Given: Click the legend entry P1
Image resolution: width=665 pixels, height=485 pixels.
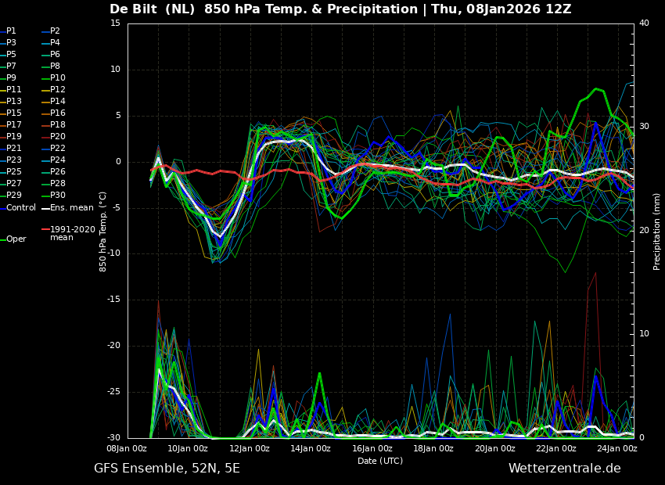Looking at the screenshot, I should [x=11, y=31].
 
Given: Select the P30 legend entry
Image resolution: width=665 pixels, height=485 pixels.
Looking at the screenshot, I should [x=57, y=196].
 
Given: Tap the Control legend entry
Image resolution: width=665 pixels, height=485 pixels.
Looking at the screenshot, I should [x=21, y=208].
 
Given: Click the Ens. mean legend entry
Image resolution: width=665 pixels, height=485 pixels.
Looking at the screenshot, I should [x=71, y=208].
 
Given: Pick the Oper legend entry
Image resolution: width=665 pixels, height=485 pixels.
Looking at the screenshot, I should [x=16, y=239].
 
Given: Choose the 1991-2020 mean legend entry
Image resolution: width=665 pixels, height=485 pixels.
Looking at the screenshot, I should [x=72, y=233].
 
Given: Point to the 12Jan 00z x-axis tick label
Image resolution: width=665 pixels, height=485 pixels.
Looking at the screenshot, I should [x=250, y=449].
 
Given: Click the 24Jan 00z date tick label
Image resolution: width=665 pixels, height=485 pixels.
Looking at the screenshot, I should [x=617, y=449].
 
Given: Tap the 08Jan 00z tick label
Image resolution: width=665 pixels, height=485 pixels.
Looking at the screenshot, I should [x=127, y=449].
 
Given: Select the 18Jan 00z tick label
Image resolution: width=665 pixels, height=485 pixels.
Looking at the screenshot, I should [x=433, y=449].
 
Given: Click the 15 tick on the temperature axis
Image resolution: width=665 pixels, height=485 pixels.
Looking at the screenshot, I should [x=115, y=23].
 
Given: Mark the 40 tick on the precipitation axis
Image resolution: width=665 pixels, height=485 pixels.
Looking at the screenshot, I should [x=644, y=23].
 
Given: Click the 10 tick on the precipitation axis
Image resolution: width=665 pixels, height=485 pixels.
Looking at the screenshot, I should [x=644, y=334].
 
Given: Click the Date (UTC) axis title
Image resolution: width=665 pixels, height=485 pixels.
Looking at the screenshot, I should [x=380, y=462].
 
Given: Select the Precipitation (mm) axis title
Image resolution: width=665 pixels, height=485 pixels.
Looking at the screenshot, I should [x=657, y=231].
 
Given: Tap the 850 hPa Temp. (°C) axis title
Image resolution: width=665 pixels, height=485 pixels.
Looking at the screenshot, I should [x=103, y=231].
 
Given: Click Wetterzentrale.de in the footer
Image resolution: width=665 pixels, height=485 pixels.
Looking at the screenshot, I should [x=564, y=469].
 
